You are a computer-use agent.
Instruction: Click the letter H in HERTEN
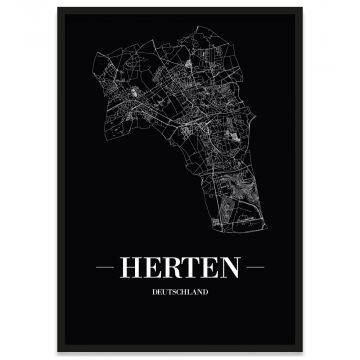(x=131, y=269)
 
